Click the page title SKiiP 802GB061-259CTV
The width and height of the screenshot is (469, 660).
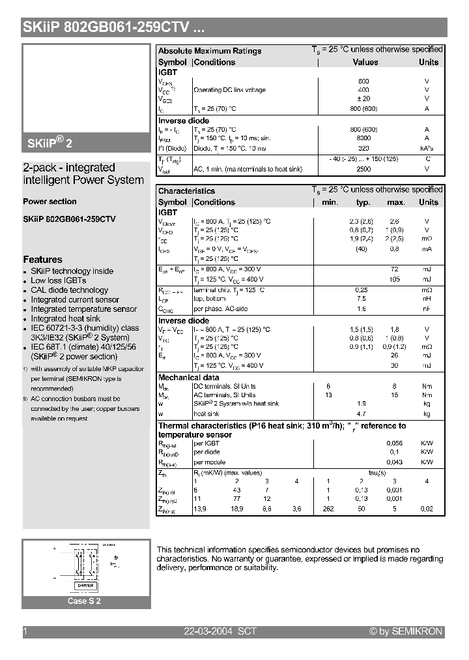(107, 27)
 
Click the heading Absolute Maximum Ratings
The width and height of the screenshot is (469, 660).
(210, 51)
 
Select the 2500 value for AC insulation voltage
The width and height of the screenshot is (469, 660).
(363, 169)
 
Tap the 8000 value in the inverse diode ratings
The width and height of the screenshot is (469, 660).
(363, 138)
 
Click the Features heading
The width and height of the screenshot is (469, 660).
(42, 260)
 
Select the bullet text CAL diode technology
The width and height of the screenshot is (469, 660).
(70, 290)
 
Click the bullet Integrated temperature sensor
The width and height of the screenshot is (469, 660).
(84, 309)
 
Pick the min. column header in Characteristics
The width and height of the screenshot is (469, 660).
(330, 202)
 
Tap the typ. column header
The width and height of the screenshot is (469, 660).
(363, 202)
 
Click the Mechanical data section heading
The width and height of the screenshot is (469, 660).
(189, 378)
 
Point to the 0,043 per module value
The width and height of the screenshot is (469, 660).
(395, 462)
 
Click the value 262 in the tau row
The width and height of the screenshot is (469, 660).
(328, 509)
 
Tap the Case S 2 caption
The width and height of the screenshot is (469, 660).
(85, 601)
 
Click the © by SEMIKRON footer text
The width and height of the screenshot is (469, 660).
(406, 631)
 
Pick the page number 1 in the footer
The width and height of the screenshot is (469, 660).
(25, 631)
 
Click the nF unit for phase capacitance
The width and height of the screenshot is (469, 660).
(427, 308)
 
